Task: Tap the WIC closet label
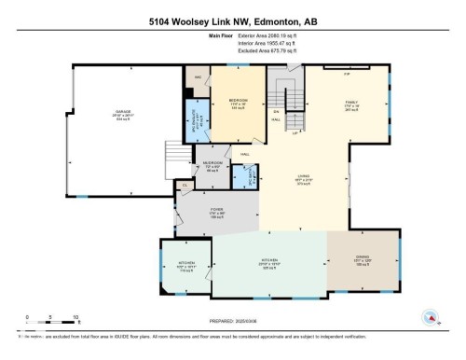tap(198, 79)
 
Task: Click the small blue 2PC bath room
tap(245, 173)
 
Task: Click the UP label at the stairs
tap(295, 133)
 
